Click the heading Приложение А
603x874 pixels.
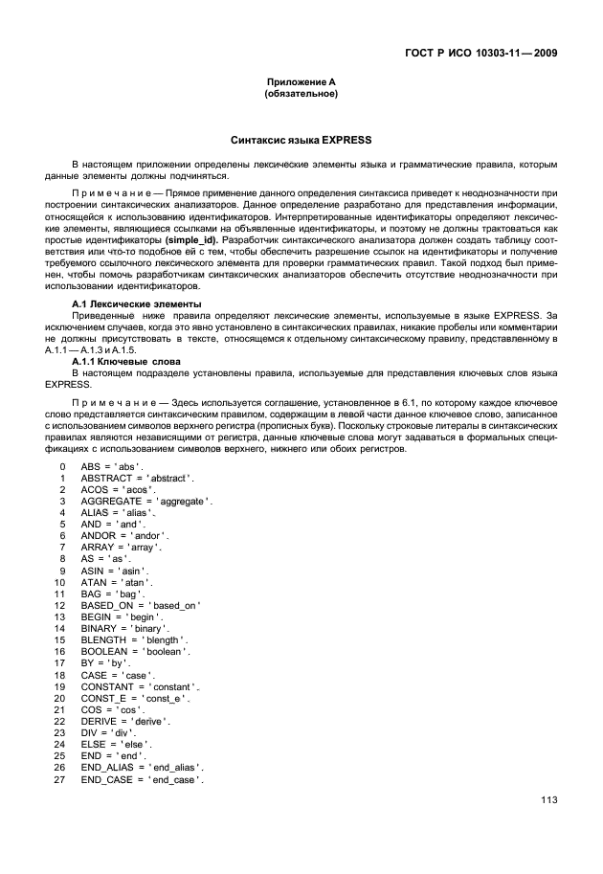coord(301,83)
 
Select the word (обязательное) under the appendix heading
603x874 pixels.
coord(301,95)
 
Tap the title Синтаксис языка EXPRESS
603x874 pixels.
coord(301,141)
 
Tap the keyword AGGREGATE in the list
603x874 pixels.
coord(111,501)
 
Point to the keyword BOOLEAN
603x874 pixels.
coord(106,651)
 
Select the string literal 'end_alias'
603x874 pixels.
coord(177,767)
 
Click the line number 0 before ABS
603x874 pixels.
coord(61,465)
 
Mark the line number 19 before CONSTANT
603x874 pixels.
coord(59,686)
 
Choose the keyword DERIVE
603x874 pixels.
coord(100,721)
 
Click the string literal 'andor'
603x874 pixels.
coord(150,535)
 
